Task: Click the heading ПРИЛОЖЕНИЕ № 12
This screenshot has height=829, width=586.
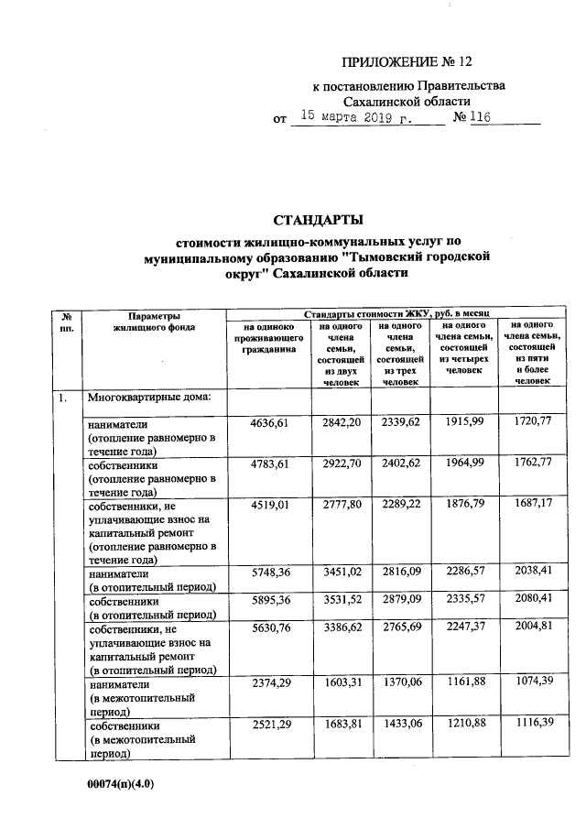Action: click(405, 62)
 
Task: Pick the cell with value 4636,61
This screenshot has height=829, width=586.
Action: click(269, 423)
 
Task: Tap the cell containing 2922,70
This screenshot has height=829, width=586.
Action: click(342, 464)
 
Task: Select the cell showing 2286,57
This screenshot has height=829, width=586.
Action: click(463, 573)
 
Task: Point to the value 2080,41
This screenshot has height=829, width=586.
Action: click(531, 600)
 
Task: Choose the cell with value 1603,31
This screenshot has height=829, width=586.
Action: click(342, 682)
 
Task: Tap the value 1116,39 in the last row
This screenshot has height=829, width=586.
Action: click(531, 724)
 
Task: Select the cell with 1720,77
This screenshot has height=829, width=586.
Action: click(531, 423)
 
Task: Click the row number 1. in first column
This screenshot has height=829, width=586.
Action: click(61, 398)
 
